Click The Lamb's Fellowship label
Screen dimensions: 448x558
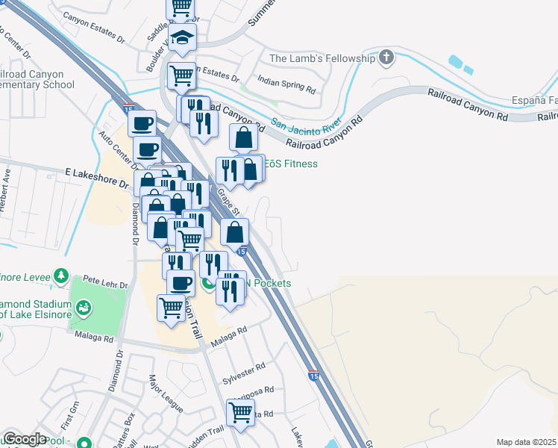pyautogui.click(x=322, y=58)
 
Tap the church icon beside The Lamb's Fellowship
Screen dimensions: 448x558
pyautogui.click(x=386, y=57)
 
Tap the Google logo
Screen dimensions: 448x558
pyautogui.click(x=25, y=439)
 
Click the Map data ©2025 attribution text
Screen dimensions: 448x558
pyautogui.click(x=527, y=442)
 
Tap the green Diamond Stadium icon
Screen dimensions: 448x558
pyautogui.click(x=84, y=306)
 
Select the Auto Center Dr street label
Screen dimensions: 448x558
pyautogui.click(x=116, y=149)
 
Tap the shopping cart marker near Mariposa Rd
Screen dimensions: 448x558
pyautogui.click(x=240, y=411)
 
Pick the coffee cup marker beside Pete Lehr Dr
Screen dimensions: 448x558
pyautogui.click(x=181, y=283)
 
